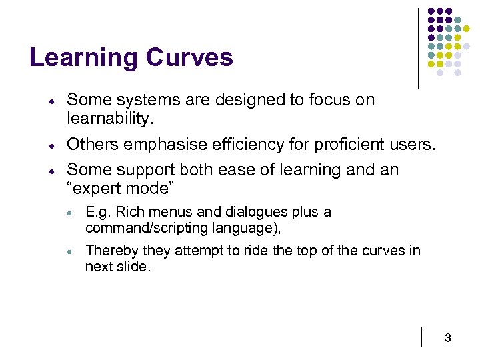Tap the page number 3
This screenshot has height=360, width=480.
(447, 339)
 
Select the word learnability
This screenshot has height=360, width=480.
(111, 119)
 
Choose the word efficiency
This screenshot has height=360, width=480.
(231, 144)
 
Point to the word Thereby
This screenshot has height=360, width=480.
(109, 250)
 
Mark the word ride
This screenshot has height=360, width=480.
(279, 250)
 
